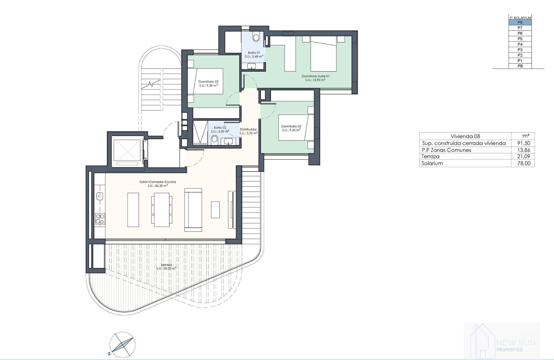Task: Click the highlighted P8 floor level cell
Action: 520,23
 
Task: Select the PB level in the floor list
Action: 520,66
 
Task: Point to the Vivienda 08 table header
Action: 465,136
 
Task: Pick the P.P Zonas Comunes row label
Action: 446,150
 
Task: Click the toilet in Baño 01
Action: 256,37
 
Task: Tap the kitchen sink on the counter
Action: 100,197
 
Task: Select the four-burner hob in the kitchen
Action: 100,219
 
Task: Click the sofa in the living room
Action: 193,210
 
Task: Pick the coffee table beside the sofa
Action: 215,210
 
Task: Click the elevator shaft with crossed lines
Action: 126,150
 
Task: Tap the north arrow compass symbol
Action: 122,344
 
